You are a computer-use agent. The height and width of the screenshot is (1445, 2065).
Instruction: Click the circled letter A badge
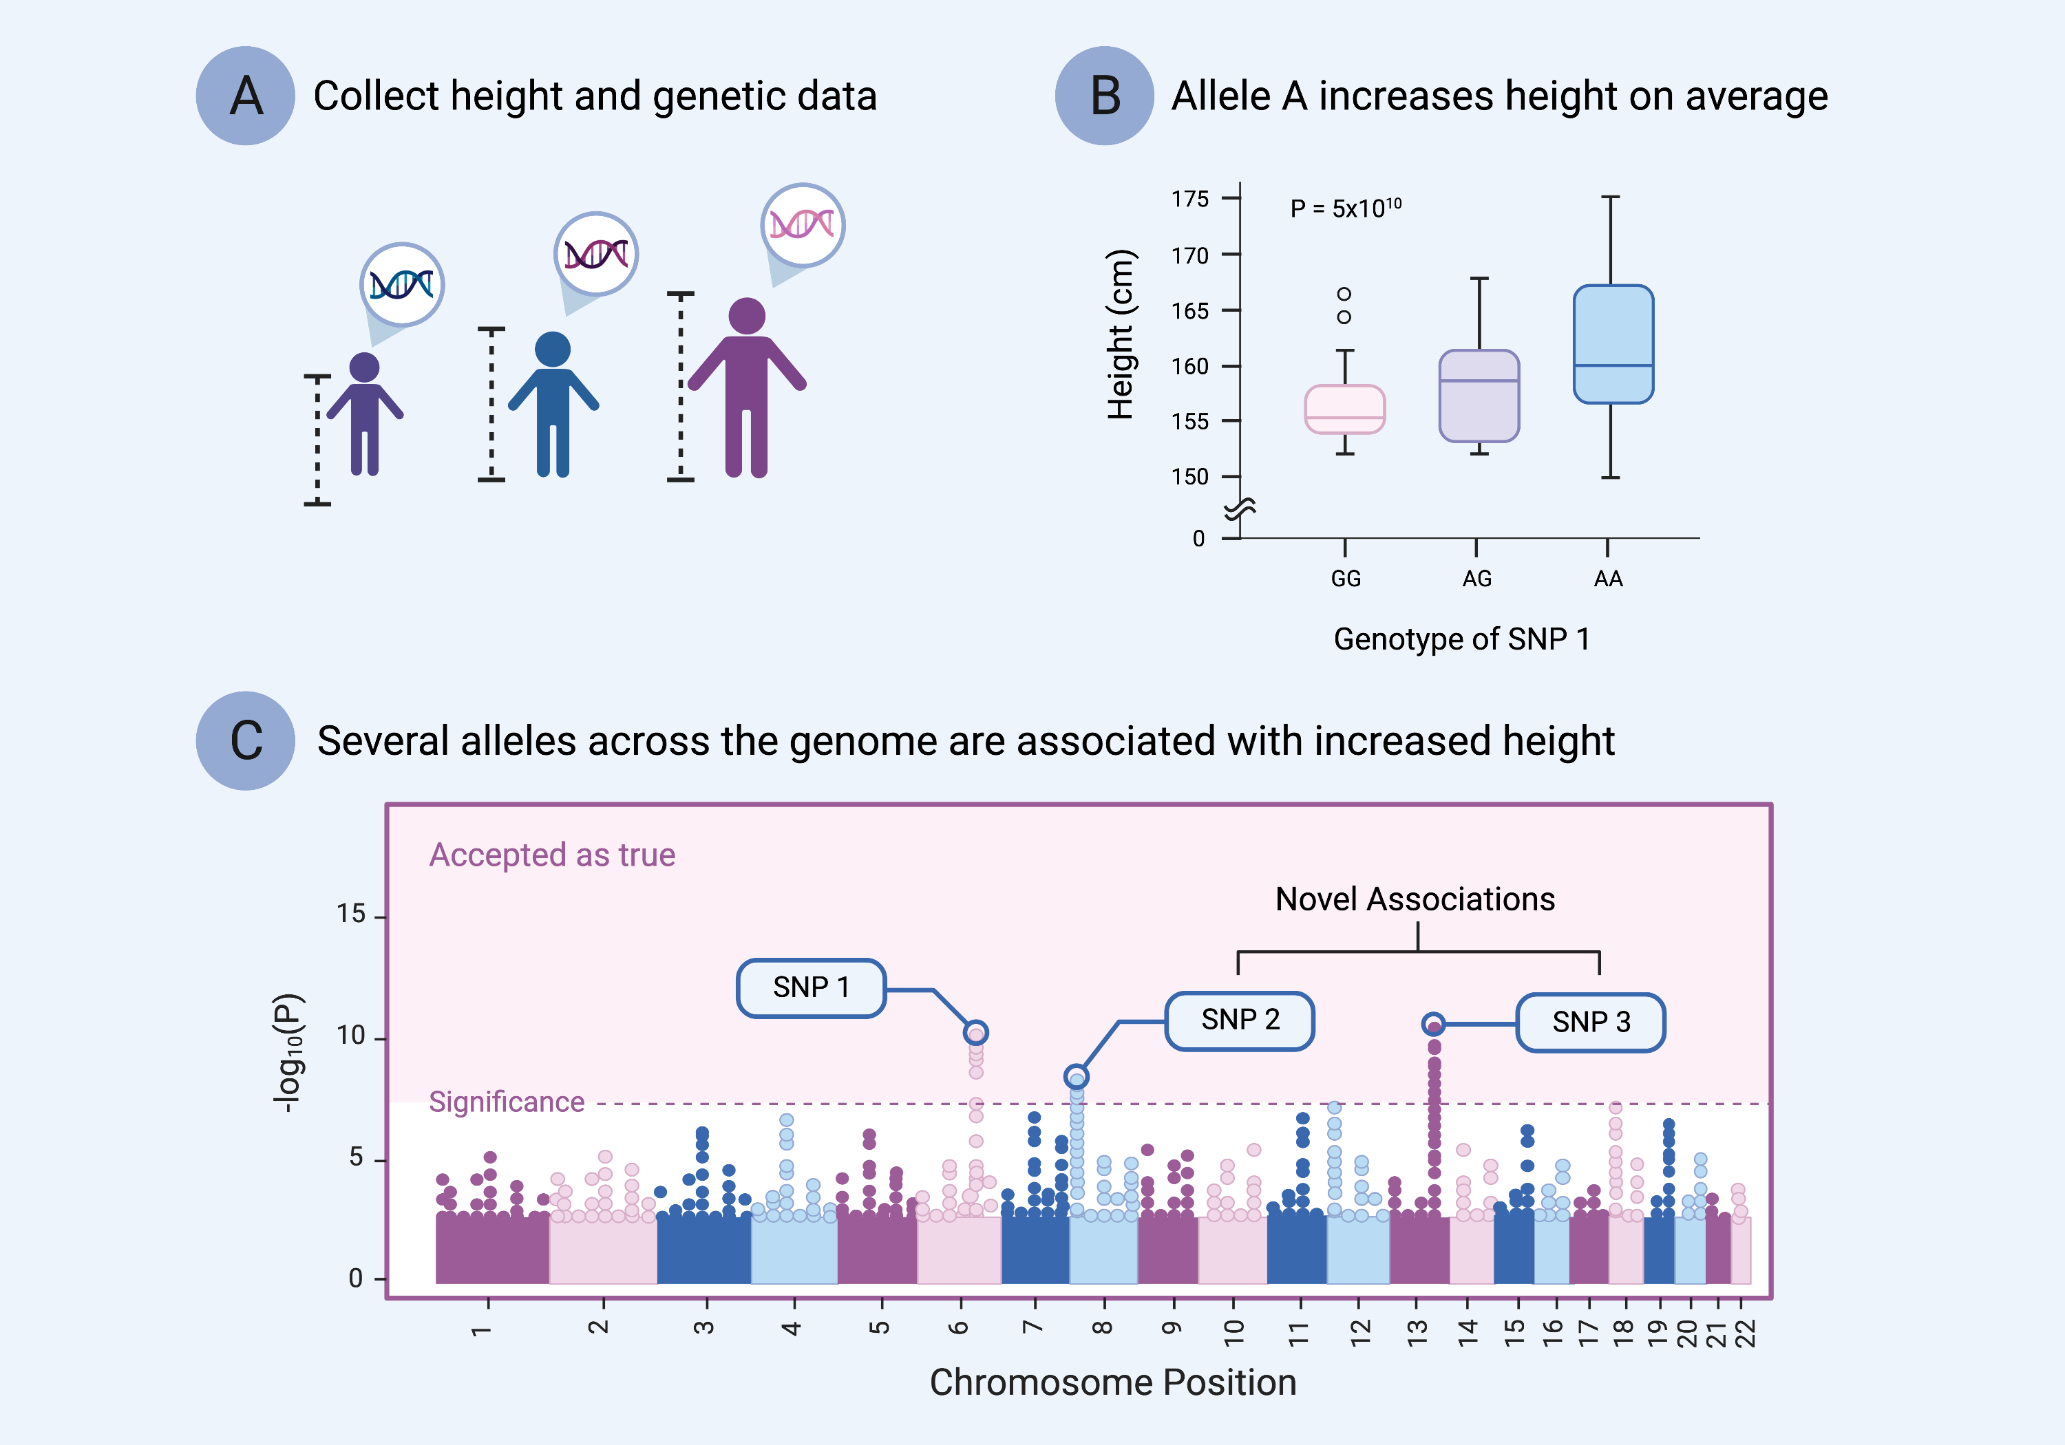[246, 96]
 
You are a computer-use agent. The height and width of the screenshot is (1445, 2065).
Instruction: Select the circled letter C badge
[246, 741]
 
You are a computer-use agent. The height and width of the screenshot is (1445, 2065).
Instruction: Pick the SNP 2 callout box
[1240, 1020]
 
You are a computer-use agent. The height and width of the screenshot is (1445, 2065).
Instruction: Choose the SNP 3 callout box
[1590, 1023]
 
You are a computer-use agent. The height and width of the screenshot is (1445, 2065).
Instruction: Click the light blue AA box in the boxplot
[1613, 343]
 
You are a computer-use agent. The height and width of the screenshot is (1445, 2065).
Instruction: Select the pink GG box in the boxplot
[1344, 409]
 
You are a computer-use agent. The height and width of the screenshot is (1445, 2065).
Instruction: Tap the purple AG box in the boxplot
[1479, 396]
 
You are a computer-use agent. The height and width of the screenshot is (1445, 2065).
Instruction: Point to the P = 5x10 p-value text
[1344, 208]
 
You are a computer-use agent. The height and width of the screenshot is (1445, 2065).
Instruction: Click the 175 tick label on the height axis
[1190, 199]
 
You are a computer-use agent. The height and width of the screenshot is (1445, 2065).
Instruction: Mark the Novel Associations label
[1415, 899]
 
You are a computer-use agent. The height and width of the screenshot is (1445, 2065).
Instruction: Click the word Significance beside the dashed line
[507, 1102]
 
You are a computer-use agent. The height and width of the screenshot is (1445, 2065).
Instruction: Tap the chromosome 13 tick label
[1417, 1331]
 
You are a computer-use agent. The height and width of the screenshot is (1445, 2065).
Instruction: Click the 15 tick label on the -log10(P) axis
[351, 914]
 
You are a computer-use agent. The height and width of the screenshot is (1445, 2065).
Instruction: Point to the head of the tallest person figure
[746, 316]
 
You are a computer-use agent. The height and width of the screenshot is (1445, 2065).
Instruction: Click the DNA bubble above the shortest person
[402, 285]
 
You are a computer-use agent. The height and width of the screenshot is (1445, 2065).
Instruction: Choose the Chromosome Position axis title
[1112, 1382]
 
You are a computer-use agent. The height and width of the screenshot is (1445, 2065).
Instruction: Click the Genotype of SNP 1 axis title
[1461, 639]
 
